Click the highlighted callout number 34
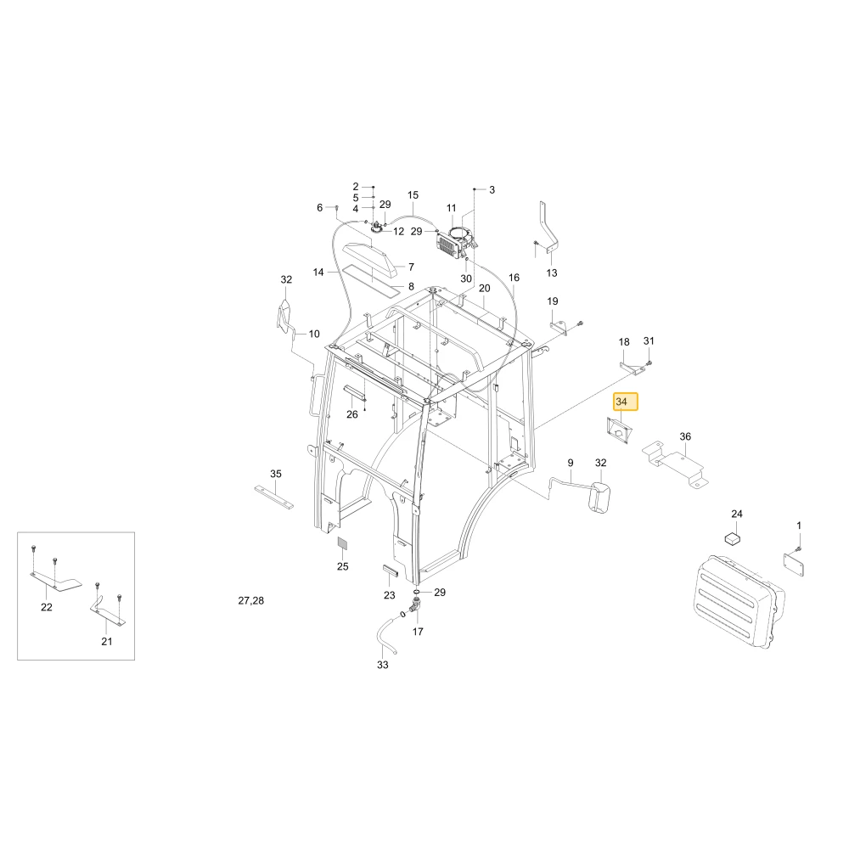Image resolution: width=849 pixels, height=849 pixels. coord(621,402)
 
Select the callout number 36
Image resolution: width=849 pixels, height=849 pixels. coord(685,436)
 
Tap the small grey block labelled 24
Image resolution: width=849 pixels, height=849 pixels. coord(734,537)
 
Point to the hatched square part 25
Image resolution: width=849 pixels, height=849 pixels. coord(343,543)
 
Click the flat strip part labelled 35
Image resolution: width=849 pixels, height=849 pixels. coord(274,497)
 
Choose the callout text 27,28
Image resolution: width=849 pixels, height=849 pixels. coord(251,600)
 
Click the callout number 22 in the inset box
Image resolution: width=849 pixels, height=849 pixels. coord(47,607)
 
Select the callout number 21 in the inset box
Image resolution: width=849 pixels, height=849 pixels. coord(107,641)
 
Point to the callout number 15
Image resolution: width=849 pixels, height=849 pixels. coord(413,195)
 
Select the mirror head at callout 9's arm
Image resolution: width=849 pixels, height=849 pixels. coord(599,497)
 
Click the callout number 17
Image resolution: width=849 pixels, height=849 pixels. coord(418,632)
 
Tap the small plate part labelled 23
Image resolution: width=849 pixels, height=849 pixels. coord(391,571)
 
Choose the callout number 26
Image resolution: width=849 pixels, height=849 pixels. coord(352,414)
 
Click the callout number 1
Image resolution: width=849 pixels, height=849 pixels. coord(799,526)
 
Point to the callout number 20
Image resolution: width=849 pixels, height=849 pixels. coord(485,288)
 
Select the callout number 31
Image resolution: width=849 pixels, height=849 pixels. coord(649,340)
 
